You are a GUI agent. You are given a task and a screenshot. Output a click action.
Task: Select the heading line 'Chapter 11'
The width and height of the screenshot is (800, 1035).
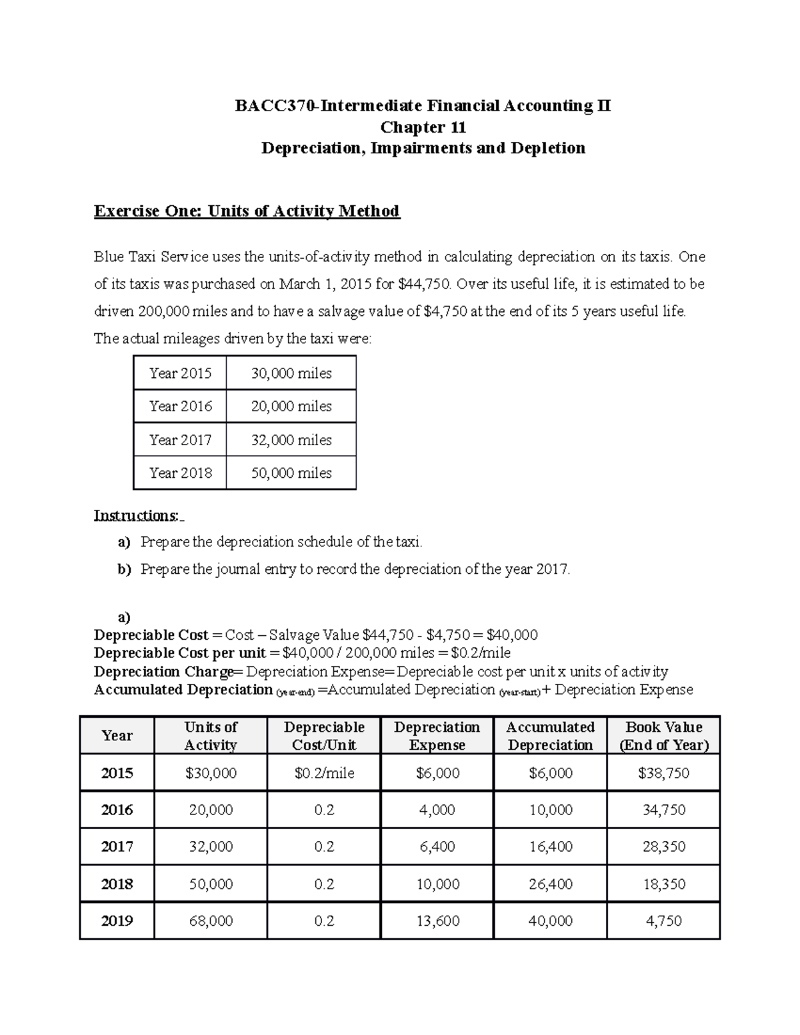[x=423, y=127]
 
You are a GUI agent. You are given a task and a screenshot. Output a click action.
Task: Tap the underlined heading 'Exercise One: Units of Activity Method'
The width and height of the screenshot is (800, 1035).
[x=247, y=211]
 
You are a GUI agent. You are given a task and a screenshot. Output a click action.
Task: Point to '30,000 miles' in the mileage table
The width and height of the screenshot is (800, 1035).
[x=291, y=373]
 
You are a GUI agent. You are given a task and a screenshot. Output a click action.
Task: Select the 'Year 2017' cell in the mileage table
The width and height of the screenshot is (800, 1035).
[x=180, y=440]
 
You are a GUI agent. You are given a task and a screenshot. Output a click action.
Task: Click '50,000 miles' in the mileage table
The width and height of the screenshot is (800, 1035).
[x=291, y=473]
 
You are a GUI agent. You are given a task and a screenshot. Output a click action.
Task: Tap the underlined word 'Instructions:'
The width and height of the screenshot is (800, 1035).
[x=137, y=516]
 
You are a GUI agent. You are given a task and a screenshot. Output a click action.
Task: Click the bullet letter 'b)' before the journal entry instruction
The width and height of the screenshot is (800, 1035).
[x=125, y=569]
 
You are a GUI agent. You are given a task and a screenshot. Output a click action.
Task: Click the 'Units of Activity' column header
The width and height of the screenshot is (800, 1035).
[x=211, y=736]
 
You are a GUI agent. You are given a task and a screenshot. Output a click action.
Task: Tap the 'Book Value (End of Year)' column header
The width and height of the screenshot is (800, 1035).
[x=663, y=736]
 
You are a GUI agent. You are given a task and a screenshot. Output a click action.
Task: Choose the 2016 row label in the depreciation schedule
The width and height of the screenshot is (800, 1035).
[x=117, y=810]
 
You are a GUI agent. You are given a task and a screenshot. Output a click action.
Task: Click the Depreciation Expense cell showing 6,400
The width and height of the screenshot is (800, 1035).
[x=437, y=846]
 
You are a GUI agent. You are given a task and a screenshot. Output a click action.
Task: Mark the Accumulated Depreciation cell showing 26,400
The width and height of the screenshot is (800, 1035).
[x=550, y=884]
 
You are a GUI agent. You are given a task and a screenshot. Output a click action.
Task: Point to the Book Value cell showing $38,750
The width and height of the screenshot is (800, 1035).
[x=663, y=773]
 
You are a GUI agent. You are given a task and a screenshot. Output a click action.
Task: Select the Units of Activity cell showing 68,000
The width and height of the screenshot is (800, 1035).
[x=211, y=921]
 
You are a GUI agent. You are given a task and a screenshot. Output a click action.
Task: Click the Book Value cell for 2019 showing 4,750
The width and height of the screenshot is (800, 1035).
[x=663, y=921]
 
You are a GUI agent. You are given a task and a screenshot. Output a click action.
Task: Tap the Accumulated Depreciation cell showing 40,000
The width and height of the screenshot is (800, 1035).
[x=550, y=921]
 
